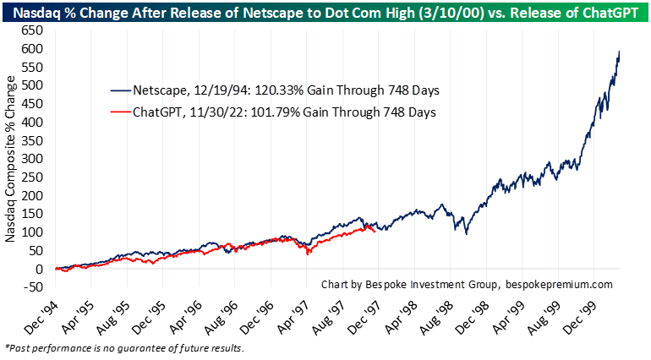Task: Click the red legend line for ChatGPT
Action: coord(122,112)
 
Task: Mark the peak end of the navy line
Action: coord(620,52)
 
